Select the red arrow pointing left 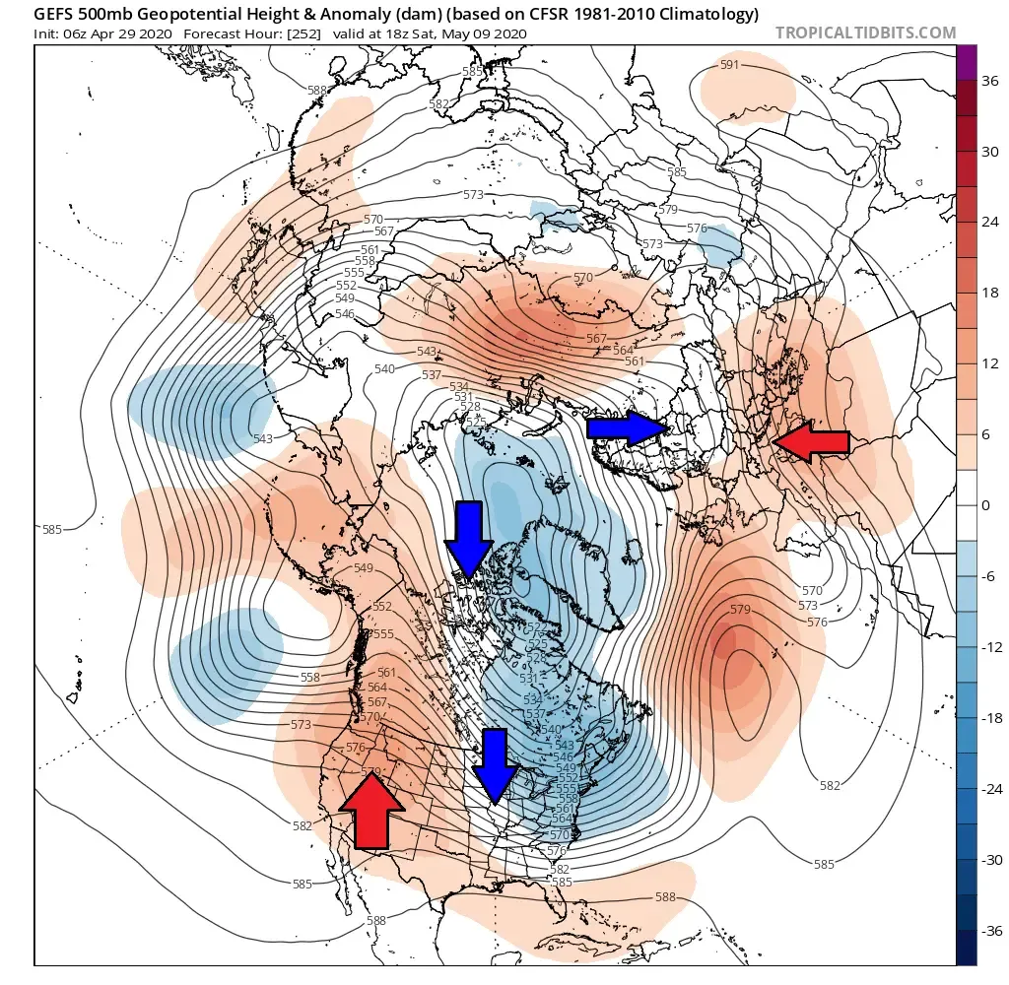pos(812,443)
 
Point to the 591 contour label pos(729,65)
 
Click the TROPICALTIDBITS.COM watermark pos(865,33)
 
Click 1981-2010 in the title pos(608,14)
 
